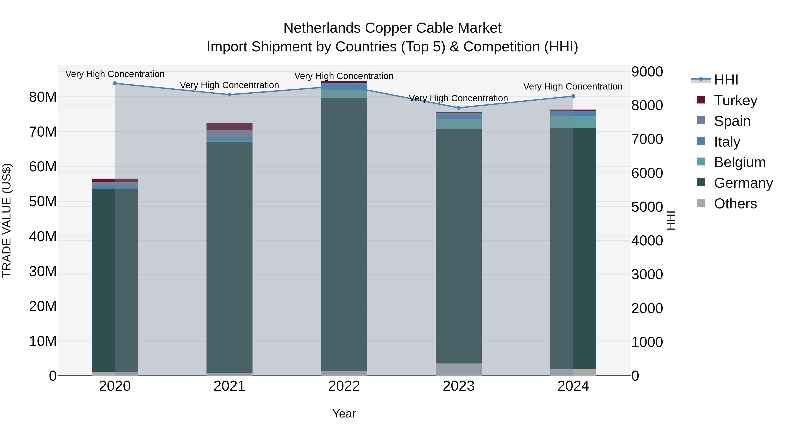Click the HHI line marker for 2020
(x=115, y=83)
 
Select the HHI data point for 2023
(x=459, y=108)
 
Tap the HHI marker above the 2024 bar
(x=573, y=96)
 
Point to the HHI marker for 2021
(x=229, y=95)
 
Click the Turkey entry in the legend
(x=735, y=100)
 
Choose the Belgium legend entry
(x=740, y=162)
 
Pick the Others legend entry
(x=735, y=204)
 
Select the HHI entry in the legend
(x=726, y=80)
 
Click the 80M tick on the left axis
(x=43, y=97)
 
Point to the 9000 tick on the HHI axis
(x=647, y=72)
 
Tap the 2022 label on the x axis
(x=344, y=386)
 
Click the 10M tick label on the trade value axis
(x=43, y=341)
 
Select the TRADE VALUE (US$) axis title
(x=7, y=220)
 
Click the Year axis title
(x=344, y=414)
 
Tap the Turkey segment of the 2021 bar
(x=229, y=126)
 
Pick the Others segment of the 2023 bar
(x=459, y=370)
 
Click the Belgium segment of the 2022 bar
(x=344, y=94)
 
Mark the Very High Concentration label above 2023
(x=458, y=98)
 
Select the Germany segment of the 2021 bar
(x=229, y=257)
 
